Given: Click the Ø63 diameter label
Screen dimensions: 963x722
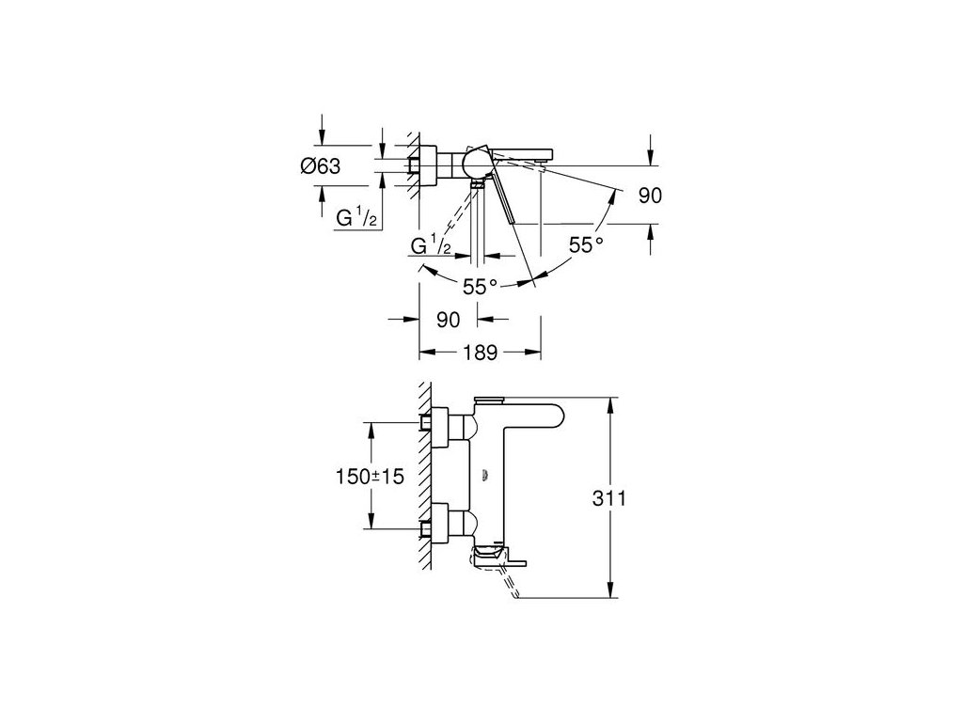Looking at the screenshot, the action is click(x=320, y=165).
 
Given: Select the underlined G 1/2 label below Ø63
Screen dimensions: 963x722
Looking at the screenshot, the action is click(x=356, y=217).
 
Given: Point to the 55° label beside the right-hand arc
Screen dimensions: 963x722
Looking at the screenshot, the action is click(x=586, y=245).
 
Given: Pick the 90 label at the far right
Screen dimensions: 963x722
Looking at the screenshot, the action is click(x=651, y=196).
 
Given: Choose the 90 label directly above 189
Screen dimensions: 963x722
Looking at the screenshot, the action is click(x=448, y=320).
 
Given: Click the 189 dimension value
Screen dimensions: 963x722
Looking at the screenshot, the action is click(x=481, y=353).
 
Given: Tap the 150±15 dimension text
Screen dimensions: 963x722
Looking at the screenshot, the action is click(x=370, y=476).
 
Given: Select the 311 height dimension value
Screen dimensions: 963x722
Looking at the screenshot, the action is click(x=609, y=498).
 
